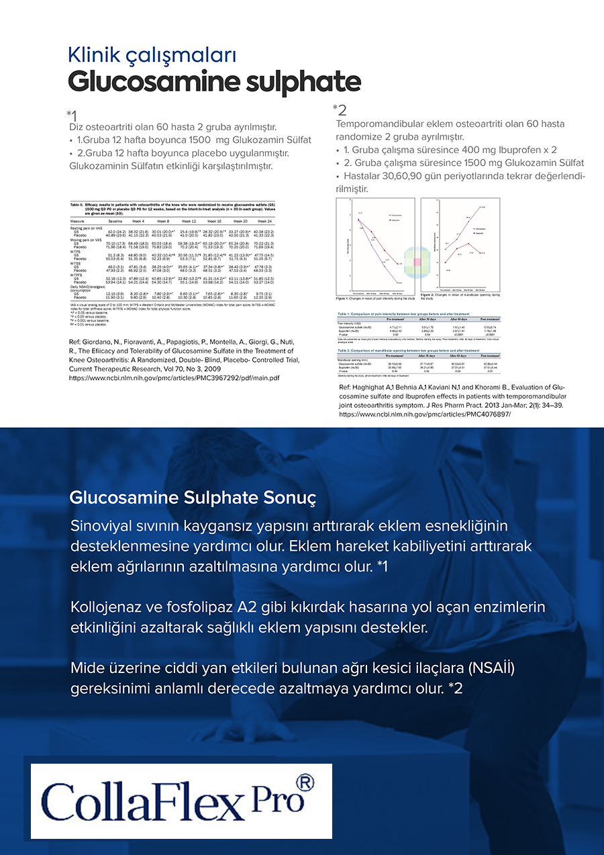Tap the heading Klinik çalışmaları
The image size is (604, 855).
pyautogui.click(x=152, y=54)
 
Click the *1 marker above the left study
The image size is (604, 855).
pyautogui.click(x=72, y=116)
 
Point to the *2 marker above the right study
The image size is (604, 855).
pyautogui.click(x=340, y=109)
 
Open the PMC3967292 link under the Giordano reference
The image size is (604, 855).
pyautogui.click(x=174, y=378)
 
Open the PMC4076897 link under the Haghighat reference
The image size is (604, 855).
pyautogui.click(x=424, y=414)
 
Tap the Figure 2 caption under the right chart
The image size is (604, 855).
pyautogui.click(x=460, y=296)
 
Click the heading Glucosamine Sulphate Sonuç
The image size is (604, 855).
pyautogui.click(x=193, y=498)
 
